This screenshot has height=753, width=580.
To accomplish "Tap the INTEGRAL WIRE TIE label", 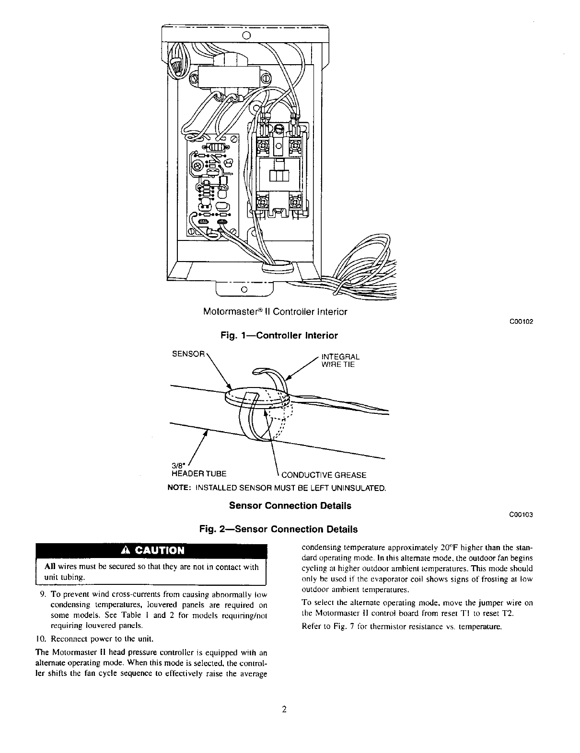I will pyautogui.click(x=340, y=361).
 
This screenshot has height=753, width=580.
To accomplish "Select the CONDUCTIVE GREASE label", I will pyautogui.click(x=324, y=475).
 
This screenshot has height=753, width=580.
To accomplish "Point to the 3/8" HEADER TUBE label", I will pyautogui.click(x=198, y=470).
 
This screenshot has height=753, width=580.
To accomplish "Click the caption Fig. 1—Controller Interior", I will pyautogui.click(x=279, y=335).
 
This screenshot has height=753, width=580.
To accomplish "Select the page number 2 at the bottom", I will pyautogui.click(x=284, y=710).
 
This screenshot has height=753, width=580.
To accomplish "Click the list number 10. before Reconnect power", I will pyautogui.click(x=41, y=639).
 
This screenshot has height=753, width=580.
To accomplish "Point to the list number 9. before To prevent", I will pyautogui.click(x=43, y=594).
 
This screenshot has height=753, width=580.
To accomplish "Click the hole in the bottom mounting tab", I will pyautogui.click(x=244, y=290).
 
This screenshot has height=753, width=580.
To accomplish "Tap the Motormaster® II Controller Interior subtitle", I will pyautogui.click(x=275, y=312).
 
